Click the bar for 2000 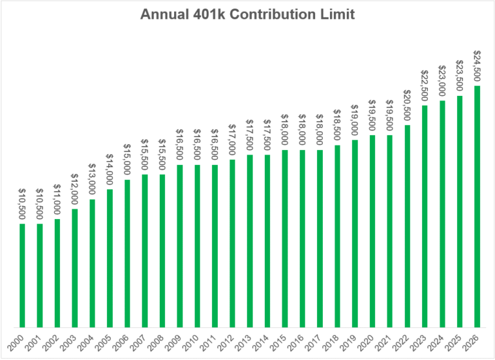(x=23, y=276)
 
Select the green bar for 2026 (x=477, y=207)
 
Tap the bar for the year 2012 (x=232, y=243)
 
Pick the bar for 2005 (x=110, y=258)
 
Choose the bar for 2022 (x=407, y=226)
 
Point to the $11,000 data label (x=57, y=200)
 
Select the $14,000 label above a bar (x=110, y=170)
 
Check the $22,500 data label (x=425, y=86)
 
